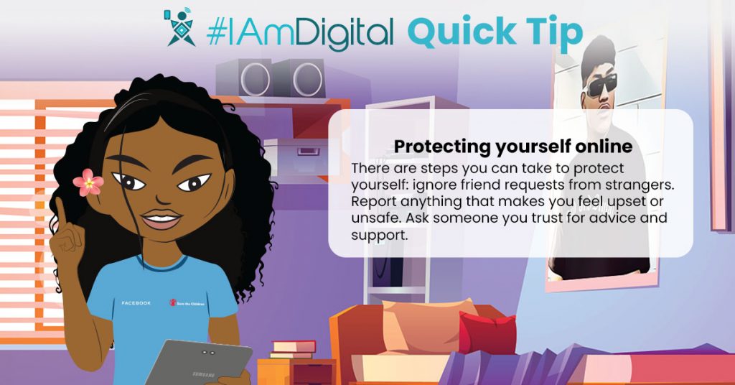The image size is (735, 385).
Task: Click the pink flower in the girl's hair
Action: (88, 182)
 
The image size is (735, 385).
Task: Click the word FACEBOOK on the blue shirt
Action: (136, 303)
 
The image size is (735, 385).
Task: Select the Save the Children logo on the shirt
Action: (187, 303)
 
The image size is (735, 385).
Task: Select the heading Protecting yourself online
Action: (512, 147)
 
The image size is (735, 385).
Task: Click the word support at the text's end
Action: (379, 236)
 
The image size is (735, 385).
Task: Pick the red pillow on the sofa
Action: (487, 333)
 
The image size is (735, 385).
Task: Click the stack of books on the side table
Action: (294, 349)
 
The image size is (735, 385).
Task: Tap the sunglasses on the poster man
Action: (601, 85)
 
